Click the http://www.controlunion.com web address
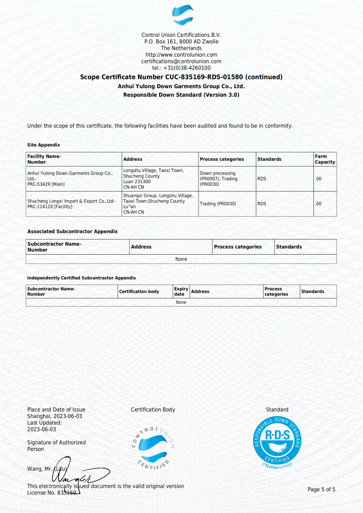click(181, 54)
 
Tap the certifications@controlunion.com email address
click(181, 61)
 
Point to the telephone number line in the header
click(181, 68)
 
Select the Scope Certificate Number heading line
click(181, 77)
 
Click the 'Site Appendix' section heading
click(43, 145)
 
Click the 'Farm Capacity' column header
click(325, 159)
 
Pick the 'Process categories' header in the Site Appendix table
click(222, 159)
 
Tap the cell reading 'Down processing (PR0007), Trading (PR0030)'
click(218, 178)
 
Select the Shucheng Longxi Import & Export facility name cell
click(71, 203)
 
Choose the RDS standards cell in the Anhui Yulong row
click(262, 179)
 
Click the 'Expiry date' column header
click(181, 291)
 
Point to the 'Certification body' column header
click(139, 291)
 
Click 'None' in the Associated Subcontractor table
click(181, 259)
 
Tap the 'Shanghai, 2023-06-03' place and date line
click(54, 416)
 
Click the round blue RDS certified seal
click(277, 441)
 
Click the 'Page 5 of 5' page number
click(321, 490)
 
